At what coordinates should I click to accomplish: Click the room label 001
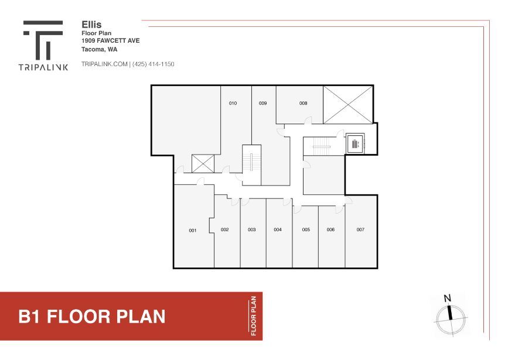pyautogui.click(x=192, y=231)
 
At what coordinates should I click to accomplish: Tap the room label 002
pyautogui.click(x=224, y=229)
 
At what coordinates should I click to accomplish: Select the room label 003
pyautogui.click(x=251, y=229)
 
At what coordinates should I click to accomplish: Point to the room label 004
pyautogui.click(x=278, y=229)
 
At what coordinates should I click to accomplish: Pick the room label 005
pyautogui.click(x=306, y=229)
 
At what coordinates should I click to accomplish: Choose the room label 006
pyautogui.click(x=330, y=229)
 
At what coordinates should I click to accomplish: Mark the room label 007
pyautogui.click(x=360, y=229)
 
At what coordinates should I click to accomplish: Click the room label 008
pyautogui.click(x=303, y=104)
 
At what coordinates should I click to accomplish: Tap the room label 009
pyautogui.click(x=262, y=104)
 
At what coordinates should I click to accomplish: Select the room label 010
pyautogui.click(x=233, y=104)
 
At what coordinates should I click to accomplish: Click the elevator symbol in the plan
pyautogui.click(x=354, y=143)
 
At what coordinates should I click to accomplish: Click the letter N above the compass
pyautogui.click(x=448, y=299)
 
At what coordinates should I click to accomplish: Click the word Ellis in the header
pyautogui.click(x=91, y=25)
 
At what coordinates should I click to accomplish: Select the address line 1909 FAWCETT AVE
pyautogui.click(x=110, y=41)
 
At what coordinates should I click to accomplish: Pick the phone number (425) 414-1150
pyautogui.click(x=154, y=64)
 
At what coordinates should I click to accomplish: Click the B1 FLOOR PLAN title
pyautogui.click(x=92, y=317)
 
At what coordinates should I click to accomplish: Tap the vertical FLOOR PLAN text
pyautogui.click(x=254, y=316)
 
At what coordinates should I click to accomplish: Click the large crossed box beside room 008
pyautogui.click(x=349, y=104)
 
